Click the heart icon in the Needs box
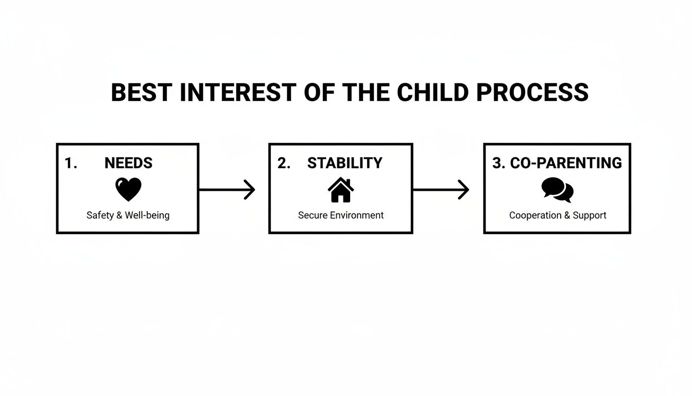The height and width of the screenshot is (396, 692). (x=128, y=190)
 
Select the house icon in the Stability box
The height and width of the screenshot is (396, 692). (x=341, y=190)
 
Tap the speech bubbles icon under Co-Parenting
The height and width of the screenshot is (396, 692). (x=558, y=190)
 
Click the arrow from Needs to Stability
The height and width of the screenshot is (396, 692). (x=227, y=190)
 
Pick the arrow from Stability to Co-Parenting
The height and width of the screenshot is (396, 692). (x=441, y=190)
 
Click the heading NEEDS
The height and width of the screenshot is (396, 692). (x=128, y=163)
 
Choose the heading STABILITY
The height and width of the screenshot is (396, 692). (x=344, y=163)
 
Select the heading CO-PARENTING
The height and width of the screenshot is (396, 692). (x=566, y=163)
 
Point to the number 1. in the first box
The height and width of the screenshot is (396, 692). (x=71, y=163)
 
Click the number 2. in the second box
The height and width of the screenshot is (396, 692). (x=284, y=163)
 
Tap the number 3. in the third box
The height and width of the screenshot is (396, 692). (x=498, y=163)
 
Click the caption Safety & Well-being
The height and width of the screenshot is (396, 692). (x=128, y=216)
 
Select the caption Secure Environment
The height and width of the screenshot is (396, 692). (x=341, y=216)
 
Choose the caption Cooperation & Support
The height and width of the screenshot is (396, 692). (x=558, y=216)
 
